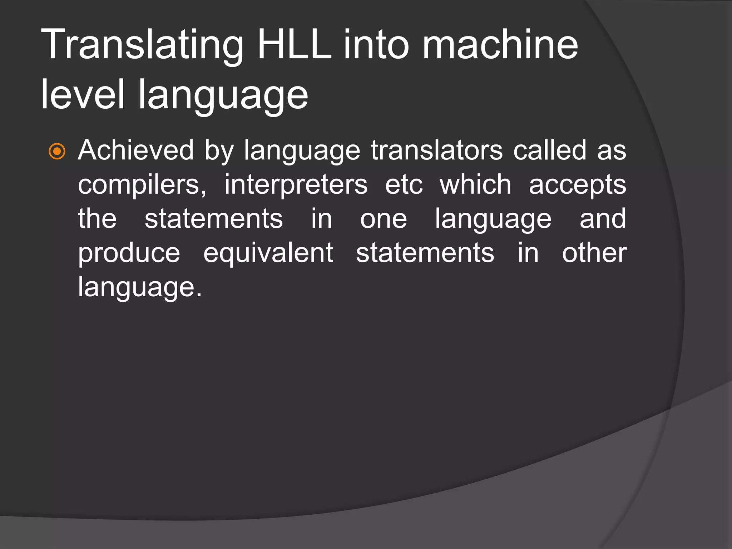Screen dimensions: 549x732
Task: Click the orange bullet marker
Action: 57,151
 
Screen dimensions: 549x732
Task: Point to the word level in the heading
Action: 83,94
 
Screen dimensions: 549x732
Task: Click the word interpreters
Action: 296,185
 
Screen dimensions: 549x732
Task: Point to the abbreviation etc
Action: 404,185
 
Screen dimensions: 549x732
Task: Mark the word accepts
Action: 577,185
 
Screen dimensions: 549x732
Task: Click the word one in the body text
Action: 383,219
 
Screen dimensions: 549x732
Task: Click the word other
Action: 594,253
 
